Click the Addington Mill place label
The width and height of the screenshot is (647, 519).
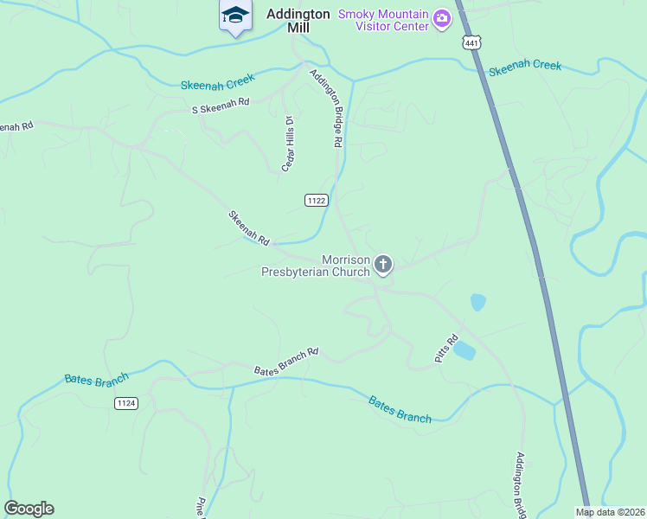pos(298,20)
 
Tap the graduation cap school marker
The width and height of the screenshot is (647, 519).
pos(234,16)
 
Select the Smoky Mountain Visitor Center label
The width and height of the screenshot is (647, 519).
pos(383,20)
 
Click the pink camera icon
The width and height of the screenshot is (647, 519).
pos(442,19)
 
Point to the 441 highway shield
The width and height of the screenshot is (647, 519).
pos(471,43)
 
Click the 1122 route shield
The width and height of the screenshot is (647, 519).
pos(316,201)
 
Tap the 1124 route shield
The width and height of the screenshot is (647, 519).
pos(126,403)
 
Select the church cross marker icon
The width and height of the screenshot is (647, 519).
pos(383,264)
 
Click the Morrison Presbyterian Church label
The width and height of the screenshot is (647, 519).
pos(317,266)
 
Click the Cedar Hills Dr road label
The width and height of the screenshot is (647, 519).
pos(289,144)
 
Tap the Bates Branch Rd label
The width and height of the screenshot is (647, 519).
pos(286,362)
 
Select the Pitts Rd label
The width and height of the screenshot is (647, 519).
pos(445,349)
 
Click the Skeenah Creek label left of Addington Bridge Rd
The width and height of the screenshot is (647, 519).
pos(217,81)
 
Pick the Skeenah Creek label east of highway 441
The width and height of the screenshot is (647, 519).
pos(524,66)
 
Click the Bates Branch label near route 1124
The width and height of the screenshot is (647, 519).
pos(96,379)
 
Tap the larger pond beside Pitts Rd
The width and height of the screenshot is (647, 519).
pos(464,350)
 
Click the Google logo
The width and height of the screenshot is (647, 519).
pos(29,509)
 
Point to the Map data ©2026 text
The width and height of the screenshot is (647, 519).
pos(609,512)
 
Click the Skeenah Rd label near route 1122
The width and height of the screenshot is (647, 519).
pos(249,227)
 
